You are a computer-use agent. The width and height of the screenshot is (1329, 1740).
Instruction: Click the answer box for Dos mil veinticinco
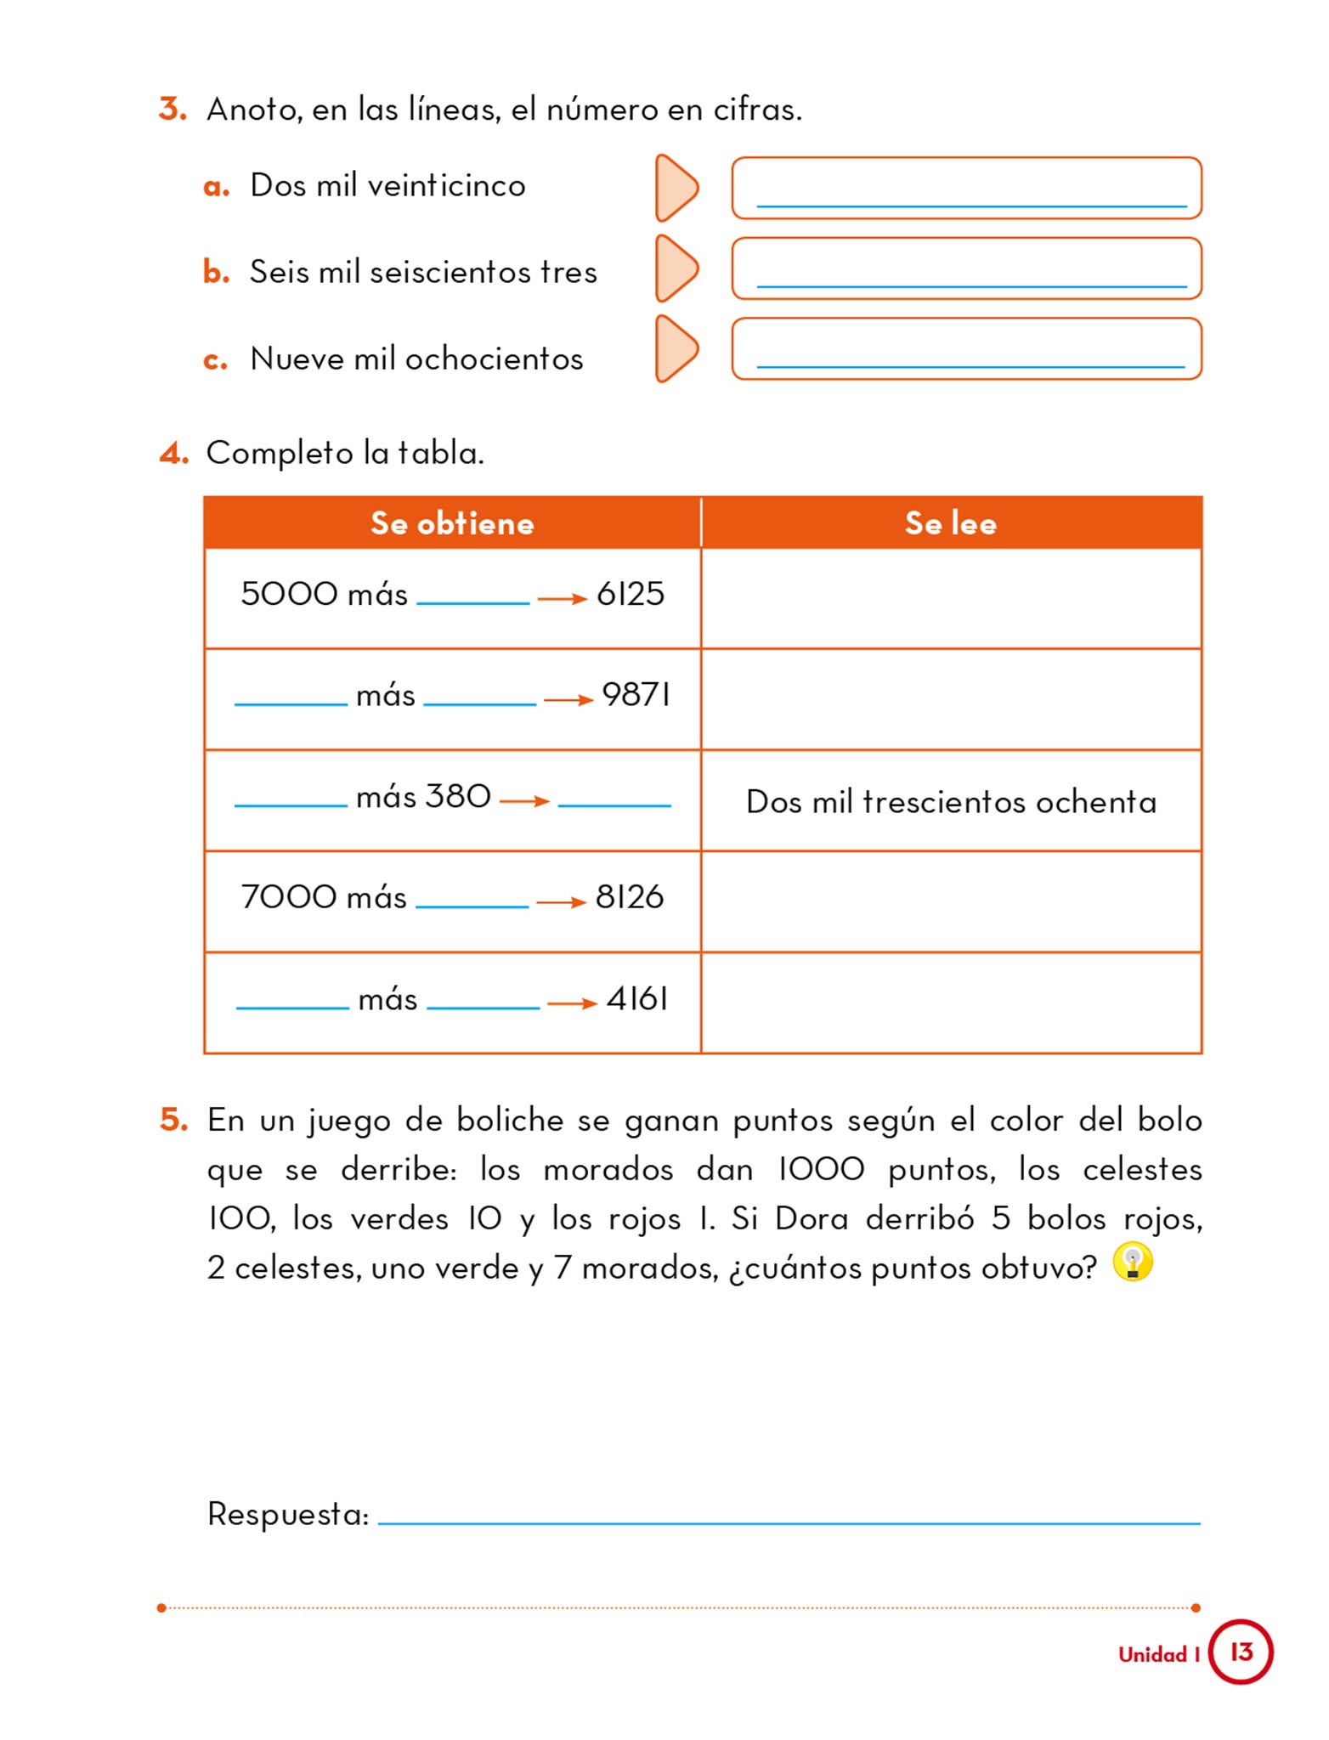[966, 188]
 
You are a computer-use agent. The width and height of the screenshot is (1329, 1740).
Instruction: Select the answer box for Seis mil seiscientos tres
[966, 268]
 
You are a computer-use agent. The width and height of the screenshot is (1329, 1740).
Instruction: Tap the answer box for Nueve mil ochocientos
[966, 349]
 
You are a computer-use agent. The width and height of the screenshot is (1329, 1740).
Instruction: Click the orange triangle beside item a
[676, 188]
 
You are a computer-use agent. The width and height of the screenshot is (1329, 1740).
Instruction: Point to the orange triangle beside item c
[676, 349]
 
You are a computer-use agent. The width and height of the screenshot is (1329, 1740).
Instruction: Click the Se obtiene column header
[452, 523]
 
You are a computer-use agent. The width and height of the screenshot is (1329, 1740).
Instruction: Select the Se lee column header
[950, 523]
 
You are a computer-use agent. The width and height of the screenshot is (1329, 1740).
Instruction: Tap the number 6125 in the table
[631, 594]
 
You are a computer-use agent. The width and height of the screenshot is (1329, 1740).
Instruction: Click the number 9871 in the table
[636, 695]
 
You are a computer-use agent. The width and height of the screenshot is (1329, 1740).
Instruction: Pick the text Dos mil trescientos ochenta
[951, 802]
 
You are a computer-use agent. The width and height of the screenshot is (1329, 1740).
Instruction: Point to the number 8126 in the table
[630, 897]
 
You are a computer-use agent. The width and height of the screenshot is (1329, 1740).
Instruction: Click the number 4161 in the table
[637, 999]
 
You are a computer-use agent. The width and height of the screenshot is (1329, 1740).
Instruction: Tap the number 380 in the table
[458, 797]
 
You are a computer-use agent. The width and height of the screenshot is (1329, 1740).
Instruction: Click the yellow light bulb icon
[1133, 1262]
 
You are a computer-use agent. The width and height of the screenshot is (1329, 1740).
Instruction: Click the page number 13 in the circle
[1241, 1652]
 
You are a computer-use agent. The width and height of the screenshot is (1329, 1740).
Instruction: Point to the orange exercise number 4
[173, 454]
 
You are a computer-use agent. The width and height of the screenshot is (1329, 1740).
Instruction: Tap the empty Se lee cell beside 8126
[951, 901]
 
